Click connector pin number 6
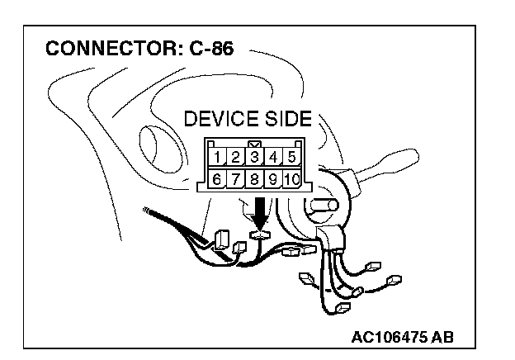click(216, 179)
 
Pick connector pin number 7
click(235, 179)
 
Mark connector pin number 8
click(255, 179)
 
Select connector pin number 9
click(274, 179)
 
